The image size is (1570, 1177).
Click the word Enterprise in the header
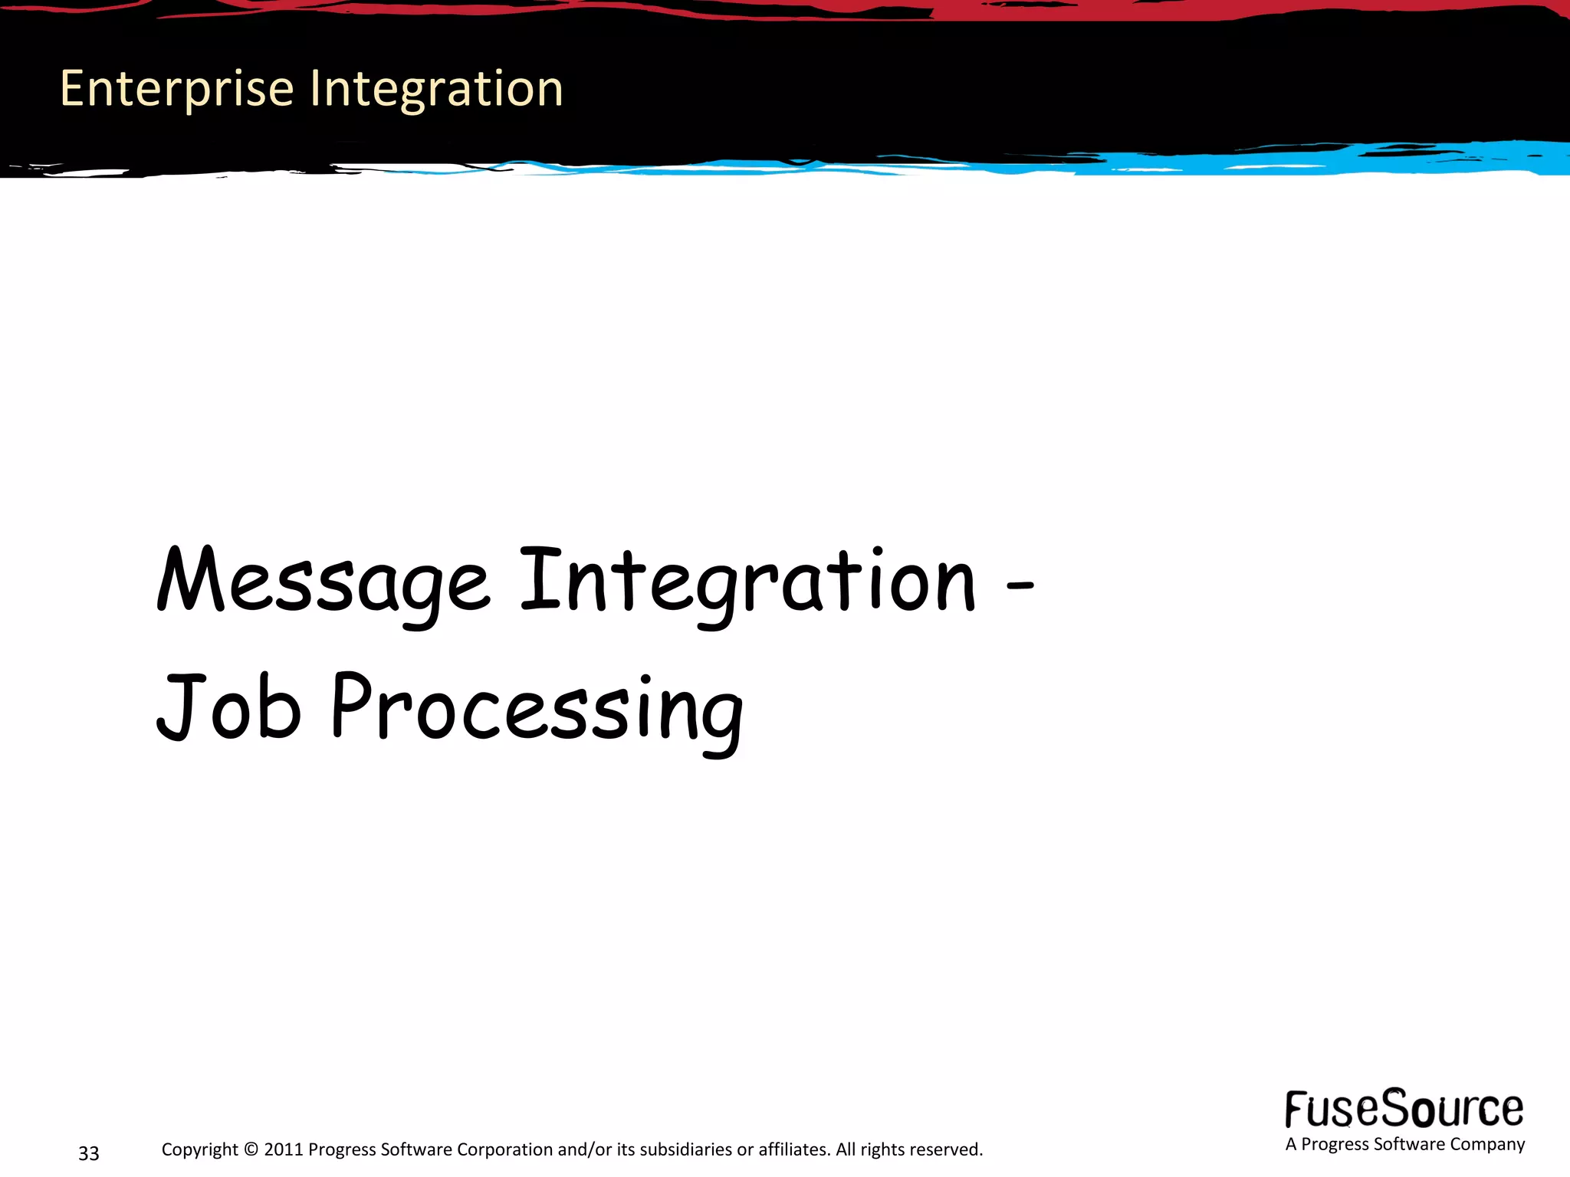[x=176, y=89]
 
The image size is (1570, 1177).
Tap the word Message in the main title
[x=322, y=582]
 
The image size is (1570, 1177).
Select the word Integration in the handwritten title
[x=747, y=582]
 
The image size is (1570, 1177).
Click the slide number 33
[x=89, y=1153]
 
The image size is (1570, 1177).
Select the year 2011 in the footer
[x=283, y=1149]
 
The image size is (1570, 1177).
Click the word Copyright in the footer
[x=199, y=1149]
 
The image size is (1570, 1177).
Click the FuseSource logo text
[x=1404, y=1109]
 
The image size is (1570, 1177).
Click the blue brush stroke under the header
[x=1303, y=162]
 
